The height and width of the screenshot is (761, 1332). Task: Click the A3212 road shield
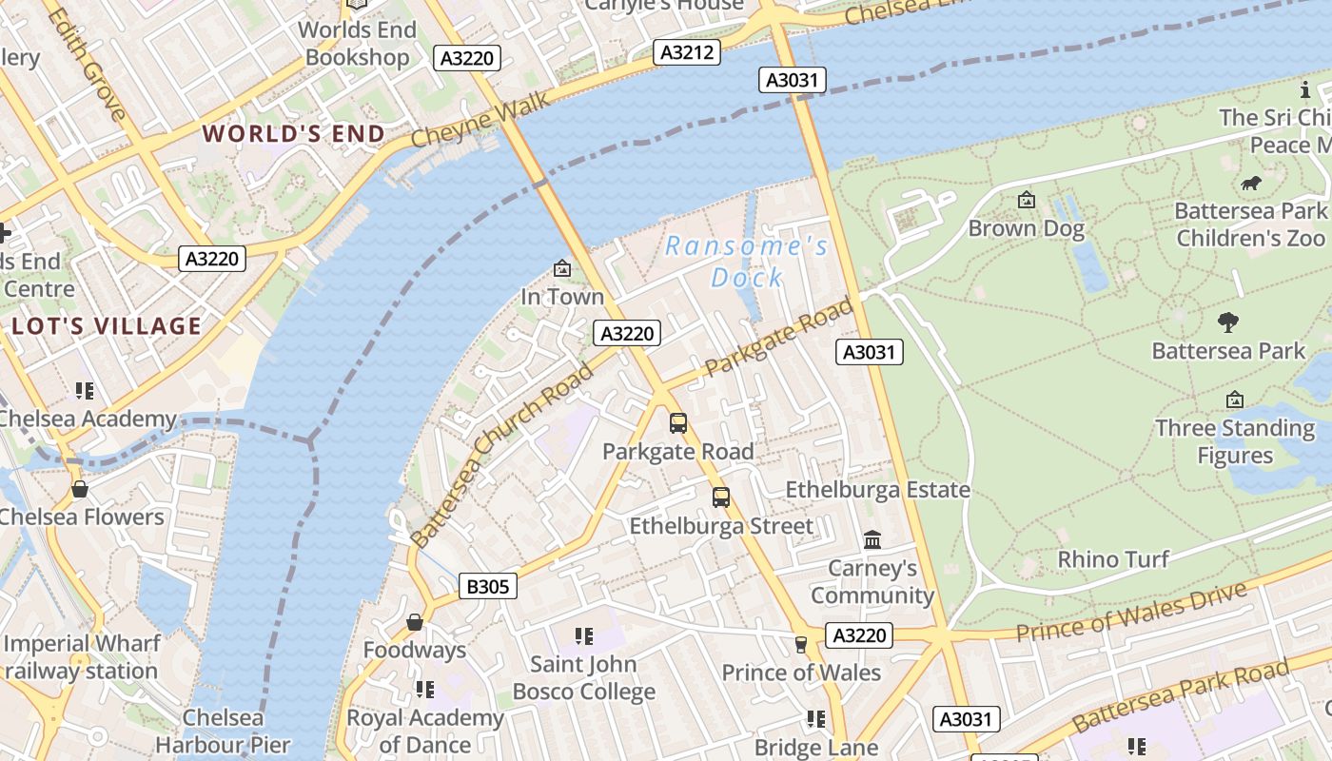point(685,52)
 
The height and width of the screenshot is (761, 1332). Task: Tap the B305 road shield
point(487,586)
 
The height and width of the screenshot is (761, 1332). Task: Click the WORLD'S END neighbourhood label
point(294,133)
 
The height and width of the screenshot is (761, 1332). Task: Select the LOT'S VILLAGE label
point(107,326)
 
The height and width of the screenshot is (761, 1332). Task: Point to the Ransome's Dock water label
point(747,262)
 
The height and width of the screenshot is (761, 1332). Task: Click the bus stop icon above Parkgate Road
point(677,423)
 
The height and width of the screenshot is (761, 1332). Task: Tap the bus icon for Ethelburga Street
point(721,497)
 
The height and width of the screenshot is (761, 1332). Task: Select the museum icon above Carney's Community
point(872,540)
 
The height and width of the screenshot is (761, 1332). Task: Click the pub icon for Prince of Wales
point(800,645)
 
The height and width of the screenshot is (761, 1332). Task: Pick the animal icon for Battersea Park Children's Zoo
point(1251,183)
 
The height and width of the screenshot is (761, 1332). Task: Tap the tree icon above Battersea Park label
point(1228,322)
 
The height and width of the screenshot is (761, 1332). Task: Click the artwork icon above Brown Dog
point(1026,200)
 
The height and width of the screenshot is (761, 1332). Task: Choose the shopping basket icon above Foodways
point(414,622)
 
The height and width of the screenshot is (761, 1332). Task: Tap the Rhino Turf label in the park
point(1113,558)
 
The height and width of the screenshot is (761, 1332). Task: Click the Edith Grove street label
point(86,65)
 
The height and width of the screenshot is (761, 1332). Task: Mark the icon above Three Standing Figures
point(1235,400)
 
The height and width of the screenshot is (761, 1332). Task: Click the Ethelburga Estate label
point(877,490)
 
